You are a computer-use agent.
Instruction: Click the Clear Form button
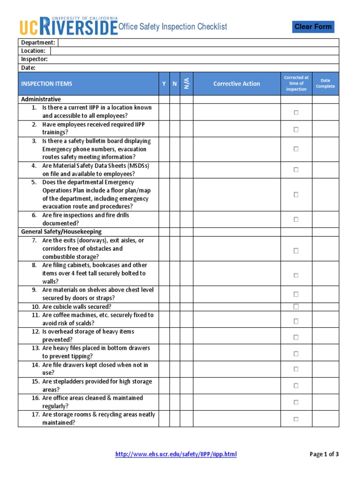click(313, 27)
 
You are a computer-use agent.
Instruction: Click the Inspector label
click(34, 60)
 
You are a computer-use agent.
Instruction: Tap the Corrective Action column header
click(236, 84)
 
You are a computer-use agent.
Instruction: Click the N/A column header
click(187, 84)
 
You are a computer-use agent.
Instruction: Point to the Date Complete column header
click(325, 84)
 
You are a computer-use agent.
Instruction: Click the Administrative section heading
click(41, 99)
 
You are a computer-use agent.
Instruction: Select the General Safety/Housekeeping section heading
click(61, 232)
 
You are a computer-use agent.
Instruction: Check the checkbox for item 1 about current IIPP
click(296, 112)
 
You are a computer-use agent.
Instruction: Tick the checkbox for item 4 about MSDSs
click(296, 170)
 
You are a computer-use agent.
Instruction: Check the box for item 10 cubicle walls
click(296, 307)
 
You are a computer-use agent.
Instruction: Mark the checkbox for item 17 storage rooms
click(296, 419)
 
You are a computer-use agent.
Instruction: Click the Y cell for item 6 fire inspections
click(164, 219)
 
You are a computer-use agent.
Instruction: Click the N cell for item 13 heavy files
click(174, 352)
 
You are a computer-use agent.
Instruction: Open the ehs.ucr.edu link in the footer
click(176, 454)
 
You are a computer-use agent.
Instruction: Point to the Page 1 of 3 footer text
click(324, 454)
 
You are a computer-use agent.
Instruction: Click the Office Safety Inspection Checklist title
click(172, 27)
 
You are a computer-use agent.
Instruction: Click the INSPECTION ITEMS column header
click(47, 84)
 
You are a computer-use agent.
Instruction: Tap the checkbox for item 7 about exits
click(296, 251)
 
